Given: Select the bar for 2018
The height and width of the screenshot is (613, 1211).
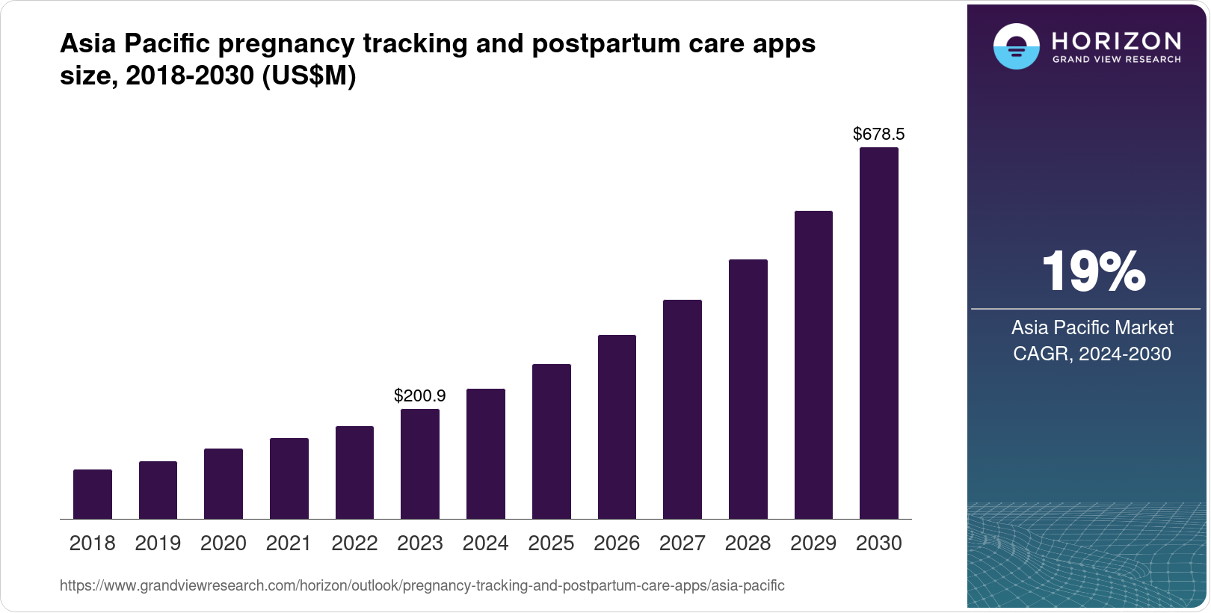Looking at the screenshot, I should coord(93,494).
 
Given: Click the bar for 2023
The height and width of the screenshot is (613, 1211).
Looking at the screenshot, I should coord(420,464).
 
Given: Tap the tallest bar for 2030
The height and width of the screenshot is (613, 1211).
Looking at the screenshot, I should coord(879,333).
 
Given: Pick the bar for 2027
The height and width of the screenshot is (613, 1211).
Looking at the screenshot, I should coord(682,410).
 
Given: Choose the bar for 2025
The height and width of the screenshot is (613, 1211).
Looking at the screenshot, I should coord(552,442).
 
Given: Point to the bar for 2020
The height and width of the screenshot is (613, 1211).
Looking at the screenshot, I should coord(224,484).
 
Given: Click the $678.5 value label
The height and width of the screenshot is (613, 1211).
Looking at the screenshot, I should coord(879,135).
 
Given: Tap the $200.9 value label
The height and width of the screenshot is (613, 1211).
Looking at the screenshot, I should coord(420,395).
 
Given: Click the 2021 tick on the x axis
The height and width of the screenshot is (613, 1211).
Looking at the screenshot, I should coord(289,543).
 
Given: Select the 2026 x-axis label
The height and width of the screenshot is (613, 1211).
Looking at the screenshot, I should coord(617,543).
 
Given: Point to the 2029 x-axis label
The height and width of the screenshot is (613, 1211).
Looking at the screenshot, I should coord(813,543).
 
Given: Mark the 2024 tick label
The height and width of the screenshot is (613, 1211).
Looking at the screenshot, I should coord(486,543).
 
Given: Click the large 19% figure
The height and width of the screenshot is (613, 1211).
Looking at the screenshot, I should coord(1093,271).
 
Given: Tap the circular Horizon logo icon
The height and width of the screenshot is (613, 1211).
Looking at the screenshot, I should coord(1016,46).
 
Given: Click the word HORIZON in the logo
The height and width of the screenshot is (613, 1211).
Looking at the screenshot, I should coord(1117,40).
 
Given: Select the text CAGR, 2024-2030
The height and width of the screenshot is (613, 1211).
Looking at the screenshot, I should coord(1092,354).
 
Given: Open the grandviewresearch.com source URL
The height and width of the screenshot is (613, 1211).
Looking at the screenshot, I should coord(422,586).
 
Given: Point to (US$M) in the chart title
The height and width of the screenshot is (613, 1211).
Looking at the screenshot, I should coord(309,76).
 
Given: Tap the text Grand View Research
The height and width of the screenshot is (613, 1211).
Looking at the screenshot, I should coord(1117,60).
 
